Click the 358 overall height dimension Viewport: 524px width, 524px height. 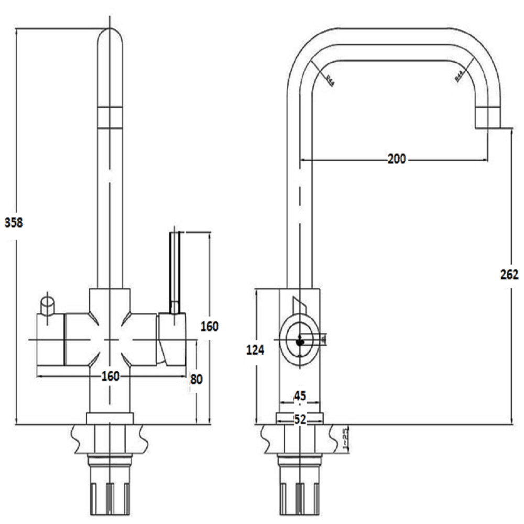point(14,222)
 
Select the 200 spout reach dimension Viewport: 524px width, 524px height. point(396,159)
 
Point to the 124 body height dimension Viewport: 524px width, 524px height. point(256,350)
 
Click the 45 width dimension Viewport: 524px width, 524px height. point(299,396)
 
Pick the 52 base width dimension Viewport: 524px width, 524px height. point(299,419)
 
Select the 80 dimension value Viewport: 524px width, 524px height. point(196,378)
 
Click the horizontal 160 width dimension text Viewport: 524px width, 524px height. point(111,376)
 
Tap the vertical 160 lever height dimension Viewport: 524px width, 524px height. point(209,326)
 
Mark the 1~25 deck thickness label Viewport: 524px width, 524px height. point(345,438)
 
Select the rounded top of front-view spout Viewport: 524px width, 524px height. point(111,39)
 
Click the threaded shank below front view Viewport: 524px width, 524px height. point(110,487)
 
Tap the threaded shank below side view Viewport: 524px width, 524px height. point(299,487)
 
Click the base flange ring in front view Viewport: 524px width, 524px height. point(110,418)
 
